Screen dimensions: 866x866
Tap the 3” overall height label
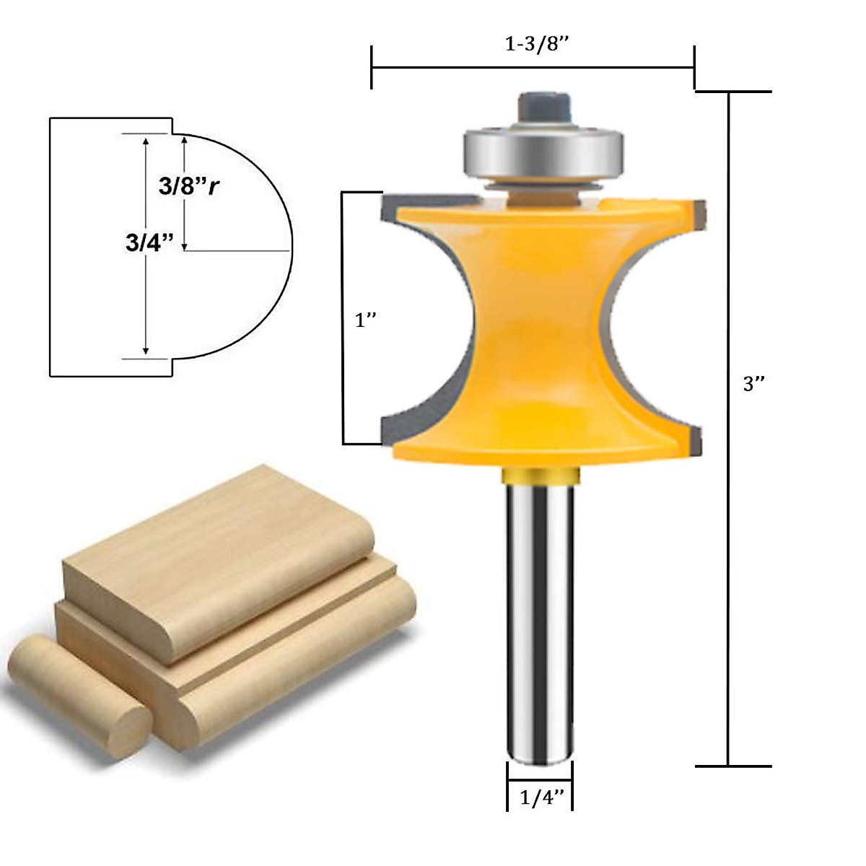(x=753, y=384)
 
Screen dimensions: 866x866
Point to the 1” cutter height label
(x=366, y=320)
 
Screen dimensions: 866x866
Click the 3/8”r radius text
(x=189, y=186)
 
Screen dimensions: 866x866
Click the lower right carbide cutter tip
(x=696, y=439)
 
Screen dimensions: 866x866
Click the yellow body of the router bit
(x=538, y=325)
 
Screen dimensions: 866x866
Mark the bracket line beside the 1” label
(x=344, y=318)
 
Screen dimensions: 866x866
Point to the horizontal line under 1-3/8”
(x=533, y=68)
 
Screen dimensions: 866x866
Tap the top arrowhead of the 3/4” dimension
(x=146, y=141)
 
